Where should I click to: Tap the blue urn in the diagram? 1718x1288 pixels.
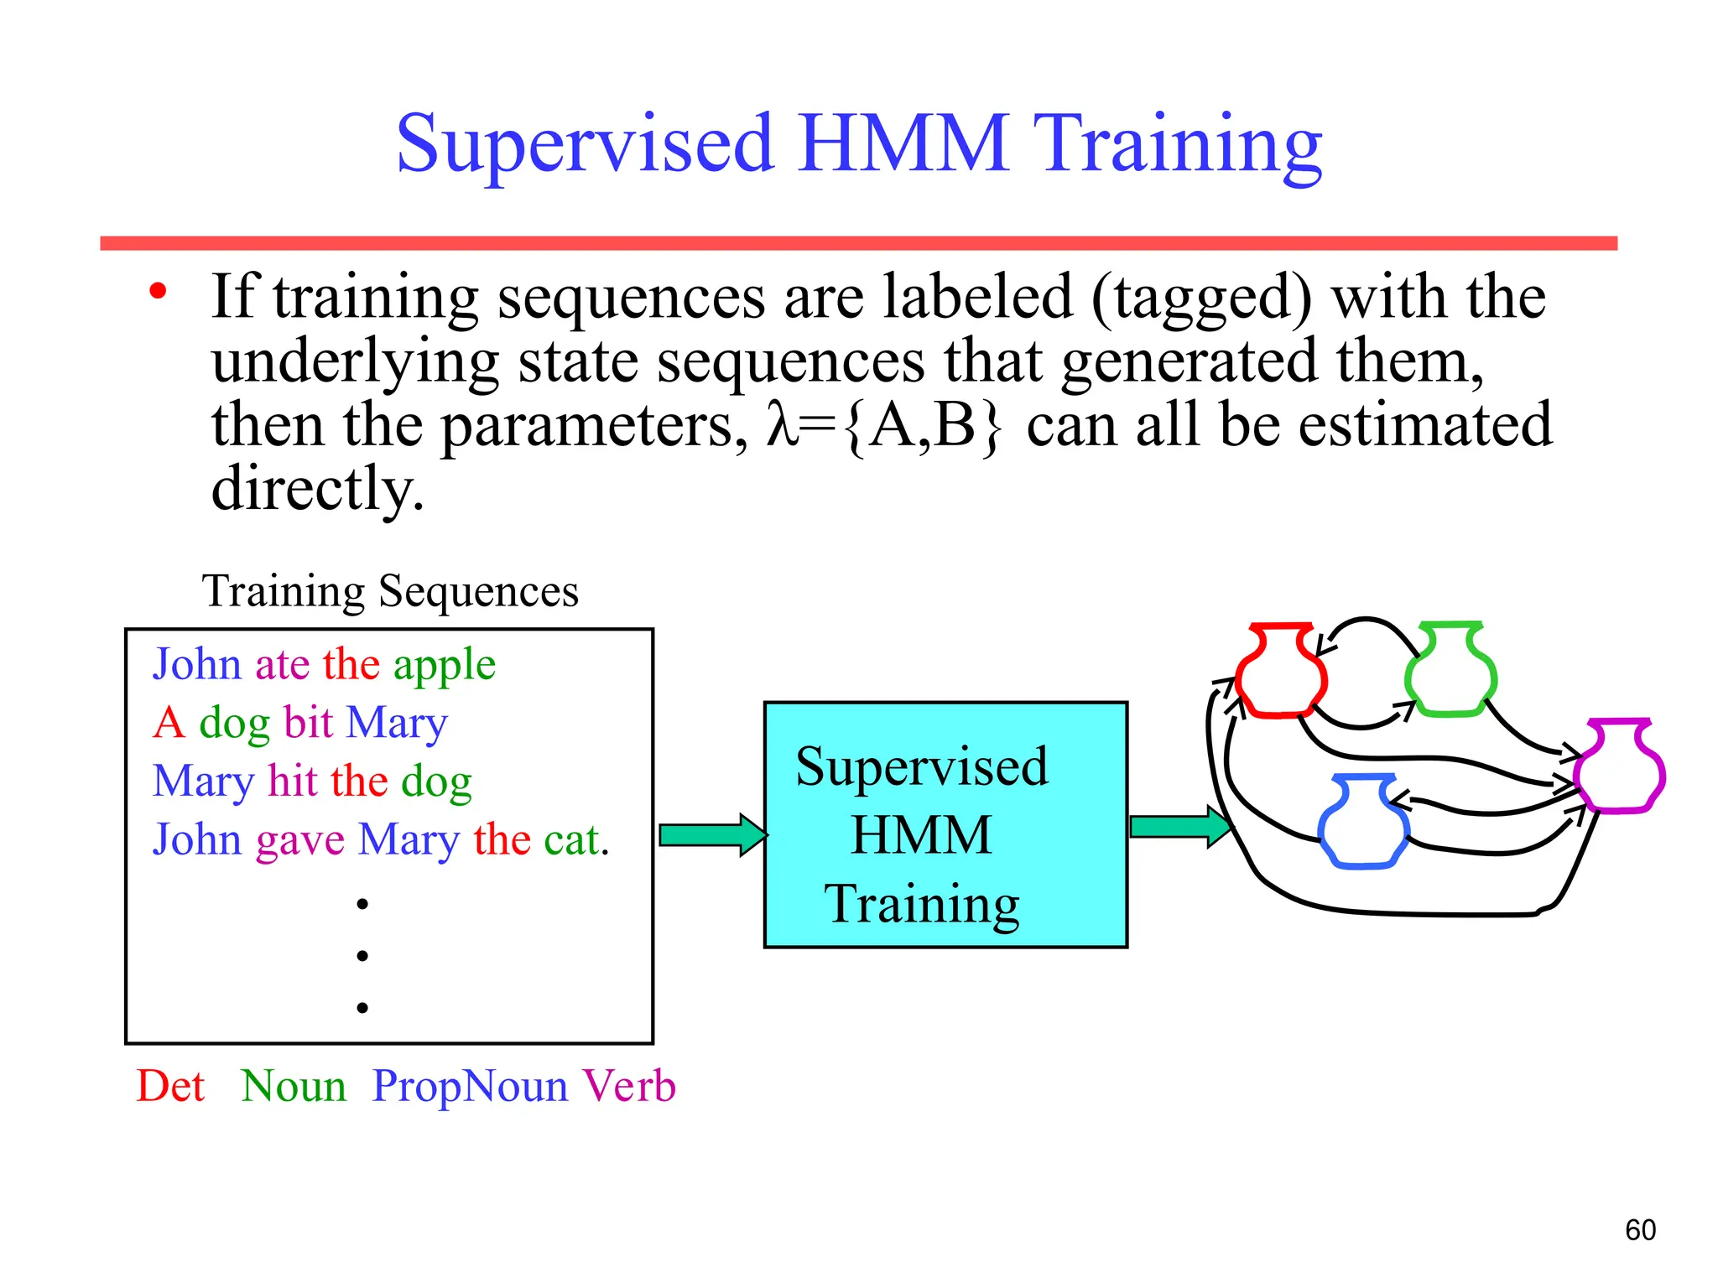[x=1363, y=824]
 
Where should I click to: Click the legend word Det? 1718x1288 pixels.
[x=170, y=1086]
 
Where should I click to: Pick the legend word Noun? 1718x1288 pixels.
[x=294, y=1086]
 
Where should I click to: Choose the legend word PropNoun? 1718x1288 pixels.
[x=470, y=1086]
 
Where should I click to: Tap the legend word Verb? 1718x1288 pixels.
[x=629, y=1086]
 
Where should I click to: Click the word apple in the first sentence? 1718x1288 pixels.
[x=445, y=666]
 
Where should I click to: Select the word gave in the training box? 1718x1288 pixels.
[x=299, y=840]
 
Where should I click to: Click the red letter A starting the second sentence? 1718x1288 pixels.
[x=169, y=722]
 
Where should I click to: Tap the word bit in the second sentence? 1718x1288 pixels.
[x=309, y=722]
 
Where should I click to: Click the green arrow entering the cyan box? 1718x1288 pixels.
[x=711, y=834]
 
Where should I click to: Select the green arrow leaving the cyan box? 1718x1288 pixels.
[x=1179, y=827]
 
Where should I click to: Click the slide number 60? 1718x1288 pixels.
[x=1640, y=1230]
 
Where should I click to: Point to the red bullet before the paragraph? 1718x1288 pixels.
[x=158, y=293]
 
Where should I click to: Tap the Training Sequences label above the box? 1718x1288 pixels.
[x=390, y=591]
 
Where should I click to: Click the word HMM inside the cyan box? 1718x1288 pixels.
[x=921, y=835]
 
